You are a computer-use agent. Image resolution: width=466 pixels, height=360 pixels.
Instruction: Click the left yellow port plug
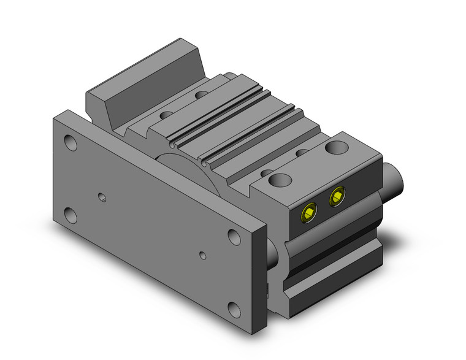[x=308, y=212]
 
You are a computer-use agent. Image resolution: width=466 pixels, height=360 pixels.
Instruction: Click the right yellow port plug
[x=337, y=197]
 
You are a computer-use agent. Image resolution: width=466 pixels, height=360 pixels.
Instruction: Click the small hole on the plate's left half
[x=102, y=197]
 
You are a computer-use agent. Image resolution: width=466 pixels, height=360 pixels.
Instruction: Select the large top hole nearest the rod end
[x=335, y=148]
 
